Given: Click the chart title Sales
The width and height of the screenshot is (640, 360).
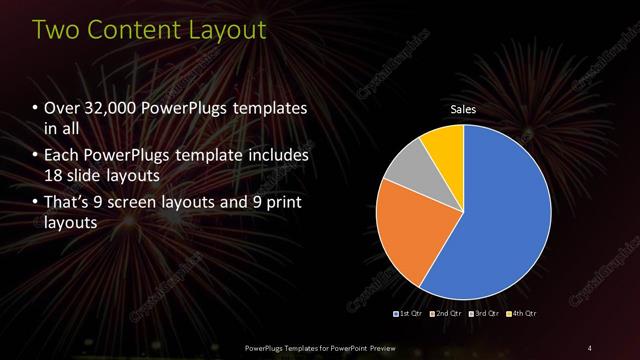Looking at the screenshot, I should pos(463,110).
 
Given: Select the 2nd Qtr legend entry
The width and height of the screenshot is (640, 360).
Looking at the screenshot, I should pos(447,313).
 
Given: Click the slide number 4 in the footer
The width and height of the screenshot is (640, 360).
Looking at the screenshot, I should pos(589,347).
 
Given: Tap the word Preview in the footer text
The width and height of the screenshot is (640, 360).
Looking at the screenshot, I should pos(389,347).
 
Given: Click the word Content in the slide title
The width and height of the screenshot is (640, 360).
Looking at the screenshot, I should pos(132,31).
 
